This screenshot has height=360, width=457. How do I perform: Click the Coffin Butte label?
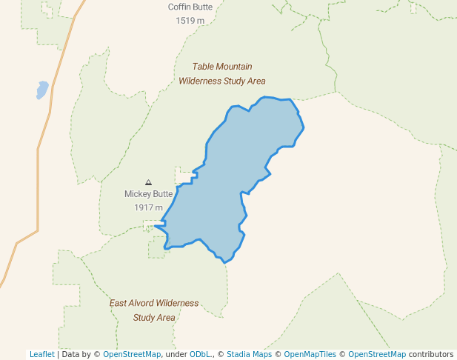[x=190, y=7]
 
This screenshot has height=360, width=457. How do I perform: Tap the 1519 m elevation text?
[x=190, y=21]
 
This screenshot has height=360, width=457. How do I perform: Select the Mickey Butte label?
[x=148, y=194]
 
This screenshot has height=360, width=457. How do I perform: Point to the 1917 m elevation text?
[x=148, y=207]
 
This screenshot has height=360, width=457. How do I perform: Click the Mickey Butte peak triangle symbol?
[x=148, y=182]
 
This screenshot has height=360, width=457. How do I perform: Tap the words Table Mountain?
[x=222, y=67]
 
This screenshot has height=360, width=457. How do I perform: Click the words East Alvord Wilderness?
[x=154, y=303]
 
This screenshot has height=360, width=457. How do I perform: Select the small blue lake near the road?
[x=42, y=90]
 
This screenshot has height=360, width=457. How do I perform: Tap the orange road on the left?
[x=38, y=185]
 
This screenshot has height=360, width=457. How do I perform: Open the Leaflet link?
[x=41, y=354]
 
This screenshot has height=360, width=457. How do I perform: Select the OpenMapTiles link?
[x=311, y=354]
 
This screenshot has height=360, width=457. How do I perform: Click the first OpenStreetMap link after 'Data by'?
[x=132, y=354]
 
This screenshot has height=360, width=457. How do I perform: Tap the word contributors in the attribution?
[x=431, y=354]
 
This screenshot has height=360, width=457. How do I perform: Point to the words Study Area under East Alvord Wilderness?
[x=154, y=318]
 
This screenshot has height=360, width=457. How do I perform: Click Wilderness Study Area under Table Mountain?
[x=222, y=81]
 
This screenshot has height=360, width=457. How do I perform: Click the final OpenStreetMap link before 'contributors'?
[x=377, y=354]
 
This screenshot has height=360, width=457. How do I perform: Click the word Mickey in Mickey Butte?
[x=138, y=194]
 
